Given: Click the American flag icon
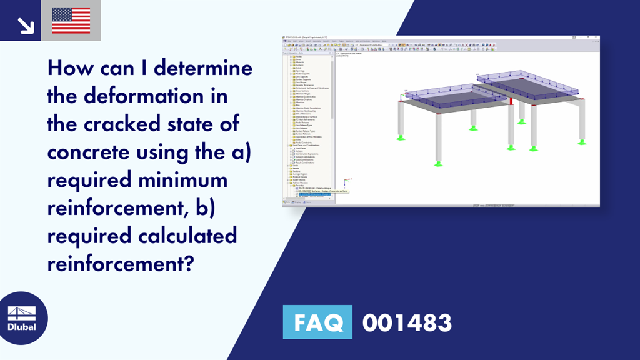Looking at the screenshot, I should [71, 21].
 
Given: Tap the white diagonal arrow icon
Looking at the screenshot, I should [26, 24].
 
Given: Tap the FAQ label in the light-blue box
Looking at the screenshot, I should [317, 322].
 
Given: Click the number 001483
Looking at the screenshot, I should [407, 322].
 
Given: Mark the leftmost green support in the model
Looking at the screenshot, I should [401, 137].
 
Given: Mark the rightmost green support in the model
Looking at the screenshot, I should [582, 142].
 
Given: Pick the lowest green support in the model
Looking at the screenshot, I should [439, 164].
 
